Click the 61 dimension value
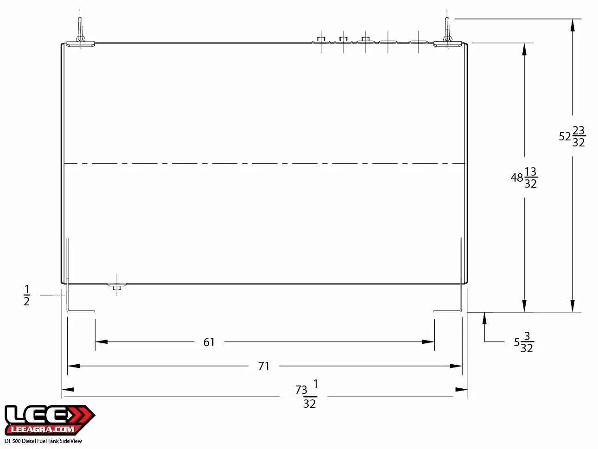[x=209, y=342]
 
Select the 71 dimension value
[x=264, y=366]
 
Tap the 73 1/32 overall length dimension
[x=307, y=394]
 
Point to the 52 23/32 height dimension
[x=573, y=136]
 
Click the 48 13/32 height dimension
[x=524, y=177]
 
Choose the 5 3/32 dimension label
[x=524, y=342]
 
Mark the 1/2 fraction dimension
[x=27, y=296]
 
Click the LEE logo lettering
[x=37, y=416]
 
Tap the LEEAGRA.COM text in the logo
[x=43, y=430]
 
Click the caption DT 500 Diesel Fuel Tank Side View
[x=43, y=441]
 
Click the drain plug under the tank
[x=117, y=286]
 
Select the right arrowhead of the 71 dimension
[x=456, y=366]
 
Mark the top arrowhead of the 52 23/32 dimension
[x=573, y=25]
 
